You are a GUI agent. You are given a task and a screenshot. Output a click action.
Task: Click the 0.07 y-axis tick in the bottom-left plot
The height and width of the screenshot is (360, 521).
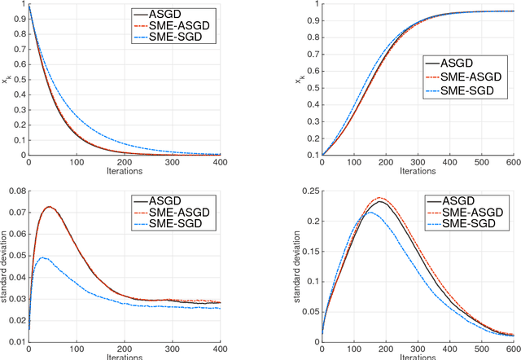coord(18,216)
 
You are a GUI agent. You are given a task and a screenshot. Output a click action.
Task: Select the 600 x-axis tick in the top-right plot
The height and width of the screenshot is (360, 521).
coord(512,163)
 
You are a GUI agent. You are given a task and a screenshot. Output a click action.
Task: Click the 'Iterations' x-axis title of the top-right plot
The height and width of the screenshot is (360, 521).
coord(417,172)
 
